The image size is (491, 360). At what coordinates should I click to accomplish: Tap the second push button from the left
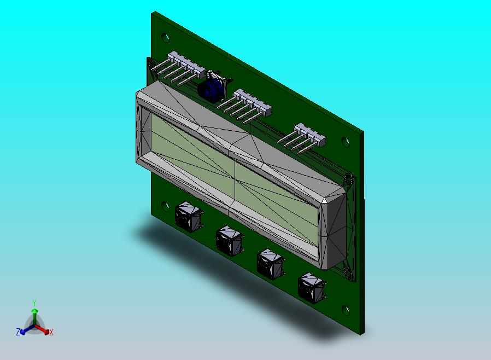(230, 241)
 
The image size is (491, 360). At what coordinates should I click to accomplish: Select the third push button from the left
(270, 264)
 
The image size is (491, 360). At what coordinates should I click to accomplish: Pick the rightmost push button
(311, 288)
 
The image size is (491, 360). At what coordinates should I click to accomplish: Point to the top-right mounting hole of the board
(346, 141)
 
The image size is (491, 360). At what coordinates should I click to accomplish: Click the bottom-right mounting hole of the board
(346, 310)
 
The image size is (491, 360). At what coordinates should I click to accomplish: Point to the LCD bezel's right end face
(336, 230)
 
